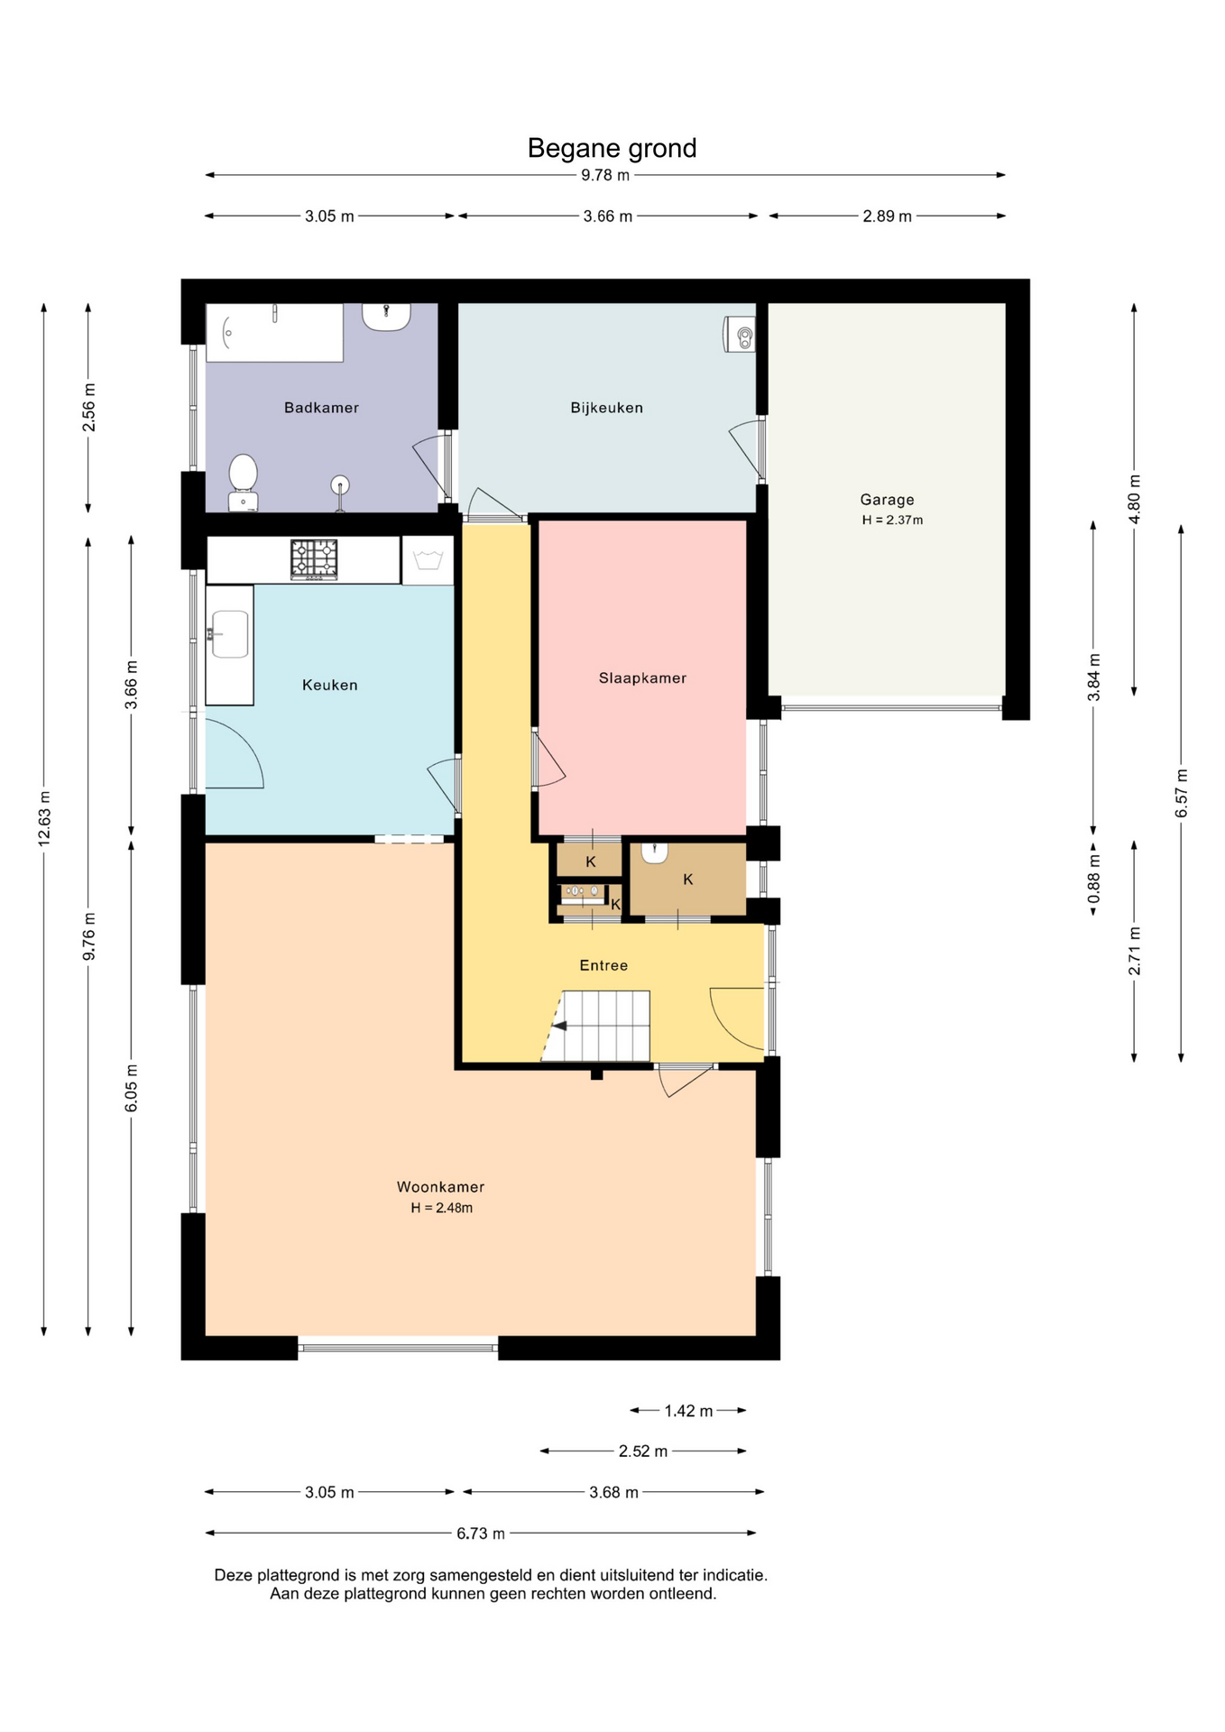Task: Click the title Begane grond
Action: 612,148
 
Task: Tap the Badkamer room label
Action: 321,408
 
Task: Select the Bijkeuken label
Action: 606,408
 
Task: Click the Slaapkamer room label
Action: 642,678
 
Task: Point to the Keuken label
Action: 329,686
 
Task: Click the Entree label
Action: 603,965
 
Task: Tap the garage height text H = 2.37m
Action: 892,521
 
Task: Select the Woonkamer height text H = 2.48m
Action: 441,1208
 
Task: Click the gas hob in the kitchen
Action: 314,559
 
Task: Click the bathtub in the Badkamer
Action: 274,333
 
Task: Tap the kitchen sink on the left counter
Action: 229,634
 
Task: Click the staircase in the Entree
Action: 597,1027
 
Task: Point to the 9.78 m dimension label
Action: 605,175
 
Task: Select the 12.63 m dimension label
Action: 44,818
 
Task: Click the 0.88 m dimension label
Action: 1094,880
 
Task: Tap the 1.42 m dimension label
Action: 688,1411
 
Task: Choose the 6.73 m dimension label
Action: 481,1534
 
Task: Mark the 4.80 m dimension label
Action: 1135,499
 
